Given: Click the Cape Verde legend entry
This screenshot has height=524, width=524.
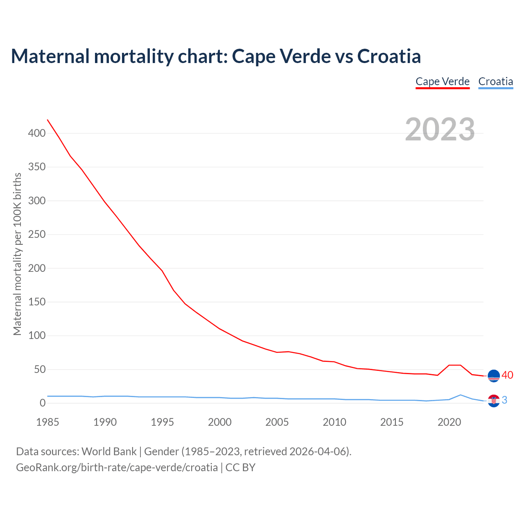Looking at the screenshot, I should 443,81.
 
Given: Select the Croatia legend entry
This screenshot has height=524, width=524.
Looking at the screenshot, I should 495,81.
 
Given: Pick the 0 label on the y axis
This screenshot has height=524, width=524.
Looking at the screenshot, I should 43,403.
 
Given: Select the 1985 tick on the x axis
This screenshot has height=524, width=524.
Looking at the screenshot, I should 47,422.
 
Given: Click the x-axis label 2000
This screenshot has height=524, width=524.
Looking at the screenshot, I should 220,422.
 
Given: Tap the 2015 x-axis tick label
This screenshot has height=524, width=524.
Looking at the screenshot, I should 392,422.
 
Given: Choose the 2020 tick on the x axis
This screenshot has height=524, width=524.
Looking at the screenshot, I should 449,422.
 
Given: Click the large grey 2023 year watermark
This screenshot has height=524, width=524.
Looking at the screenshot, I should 440,129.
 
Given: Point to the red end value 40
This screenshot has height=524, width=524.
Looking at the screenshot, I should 507,375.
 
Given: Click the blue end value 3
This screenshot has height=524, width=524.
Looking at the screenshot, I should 504,400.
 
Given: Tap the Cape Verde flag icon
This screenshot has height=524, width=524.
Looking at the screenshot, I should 494,375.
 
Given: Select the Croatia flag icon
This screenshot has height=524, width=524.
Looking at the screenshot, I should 494,401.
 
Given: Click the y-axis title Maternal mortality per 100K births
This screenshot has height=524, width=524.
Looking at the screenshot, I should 17,254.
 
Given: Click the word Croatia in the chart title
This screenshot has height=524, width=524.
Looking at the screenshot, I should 389,56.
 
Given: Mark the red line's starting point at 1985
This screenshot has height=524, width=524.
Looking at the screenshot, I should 47,120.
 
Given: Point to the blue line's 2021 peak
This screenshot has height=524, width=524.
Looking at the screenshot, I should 461,395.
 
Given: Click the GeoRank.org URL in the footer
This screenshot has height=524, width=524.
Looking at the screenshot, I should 117,468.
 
